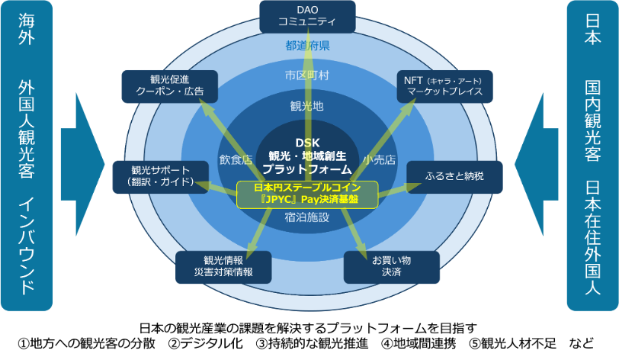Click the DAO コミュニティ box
pyautogui.click(x=307, y=16)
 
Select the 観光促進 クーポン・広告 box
pyautogui.click(x=169, y=86)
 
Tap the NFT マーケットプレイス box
pyautogui.click(x=444, y=86)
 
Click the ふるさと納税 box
pyautogui.click(x=454, y=176)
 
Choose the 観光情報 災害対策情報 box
pyautogui.click(x=223, y=266)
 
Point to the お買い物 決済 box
pyautogui.click(x=391, y=266)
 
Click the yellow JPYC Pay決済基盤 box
pyautogui.click(x=307, y=194)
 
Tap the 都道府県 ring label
pyautogui.click(x=307, y=47)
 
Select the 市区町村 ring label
pyautogui.click(x=307, y=75)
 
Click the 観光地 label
pyautogui.click(x=307, y=106)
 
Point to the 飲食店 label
pyautogui.click(x=236, y=160)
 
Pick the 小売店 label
pyautogui.click(x=379, y=160)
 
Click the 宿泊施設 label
pyautogui.click(x=307, y=217)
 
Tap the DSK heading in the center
pyautogui.click(x=307, y=142)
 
